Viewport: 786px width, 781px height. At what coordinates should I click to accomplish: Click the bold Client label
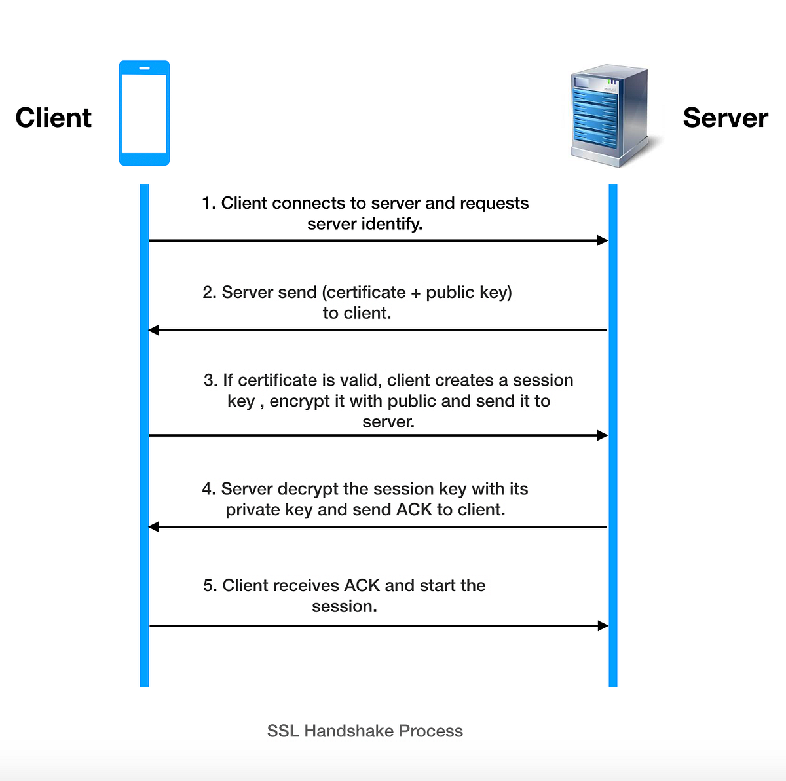[54, 118]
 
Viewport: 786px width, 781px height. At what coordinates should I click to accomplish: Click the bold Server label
[725, 118]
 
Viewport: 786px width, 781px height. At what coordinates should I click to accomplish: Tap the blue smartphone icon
[144, 113]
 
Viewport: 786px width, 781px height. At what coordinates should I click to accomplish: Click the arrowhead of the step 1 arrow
[603, 240]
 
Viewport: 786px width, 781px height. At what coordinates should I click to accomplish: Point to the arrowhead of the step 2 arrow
[154, 330]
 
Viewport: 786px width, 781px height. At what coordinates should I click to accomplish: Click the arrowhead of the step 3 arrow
[603, 435]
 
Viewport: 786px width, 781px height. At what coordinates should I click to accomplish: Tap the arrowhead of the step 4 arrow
[154, 526]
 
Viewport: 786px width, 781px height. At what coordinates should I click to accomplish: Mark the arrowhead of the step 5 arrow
[603, 626]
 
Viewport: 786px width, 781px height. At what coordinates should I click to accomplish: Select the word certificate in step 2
[366, 292]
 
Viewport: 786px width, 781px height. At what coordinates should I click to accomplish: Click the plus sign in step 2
[416, 293]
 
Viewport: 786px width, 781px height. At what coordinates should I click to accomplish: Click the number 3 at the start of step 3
[209, 380]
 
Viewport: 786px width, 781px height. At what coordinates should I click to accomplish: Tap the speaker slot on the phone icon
[144, 68]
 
